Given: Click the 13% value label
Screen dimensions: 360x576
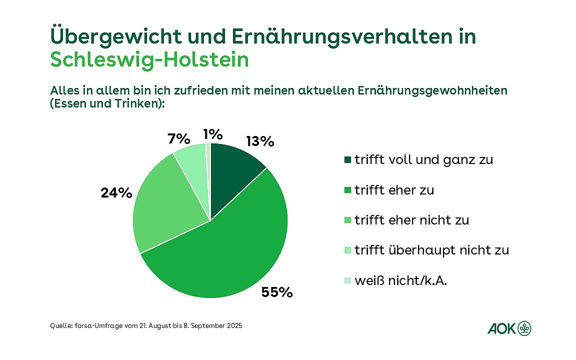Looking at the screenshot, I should [260, 141].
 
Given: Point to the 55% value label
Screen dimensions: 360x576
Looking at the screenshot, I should [276, 292].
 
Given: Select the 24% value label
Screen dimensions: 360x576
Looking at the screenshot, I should [116, 192].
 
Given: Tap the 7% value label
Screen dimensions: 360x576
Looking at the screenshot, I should [178, 138].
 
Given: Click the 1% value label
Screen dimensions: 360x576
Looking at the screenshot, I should [212, 134].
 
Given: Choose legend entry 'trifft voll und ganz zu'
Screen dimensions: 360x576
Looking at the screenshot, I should [423, 160].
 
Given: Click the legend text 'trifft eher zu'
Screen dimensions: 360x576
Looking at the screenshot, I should [394, 190].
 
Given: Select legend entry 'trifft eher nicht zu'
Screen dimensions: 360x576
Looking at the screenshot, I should [411, 220].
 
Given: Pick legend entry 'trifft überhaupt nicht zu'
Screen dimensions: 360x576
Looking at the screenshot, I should [431, 250].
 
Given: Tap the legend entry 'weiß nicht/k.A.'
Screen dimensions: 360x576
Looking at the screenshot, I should [400, 280].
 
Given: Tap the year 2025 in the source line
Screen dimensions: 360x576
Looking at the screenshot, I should [233, 326].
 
